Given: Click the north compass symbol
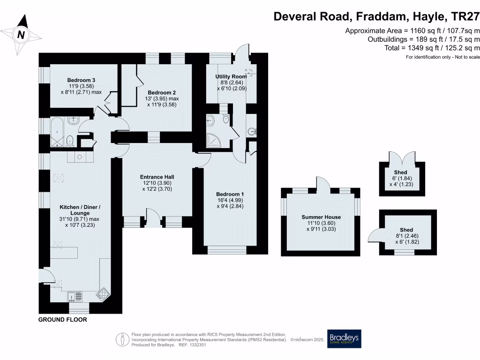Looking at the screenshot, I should tap(21, 33).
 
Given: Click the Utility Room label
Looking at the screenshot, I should tap(231, 76).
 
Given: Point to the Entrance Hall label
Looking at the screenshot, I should tap(157, 177).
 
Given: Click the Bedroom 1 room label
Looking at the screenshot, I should tap(230, 194).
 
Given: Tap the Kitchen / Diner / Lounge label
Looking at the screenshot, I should tap(80, 207).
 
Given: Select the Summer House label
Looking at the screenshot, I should tap(321, 217).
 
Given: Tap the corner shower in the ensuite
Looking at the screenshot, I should tap(215, 139).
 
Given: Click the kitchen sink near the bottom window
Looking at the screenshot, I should tap(75, 296).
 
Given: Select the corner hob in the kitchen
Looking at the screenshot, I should tap(102, 294).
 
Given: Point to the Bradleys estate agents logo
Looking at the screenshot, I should tap(344, 338).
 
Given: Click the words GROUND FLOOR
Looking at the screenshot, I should tap(63, 320).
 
